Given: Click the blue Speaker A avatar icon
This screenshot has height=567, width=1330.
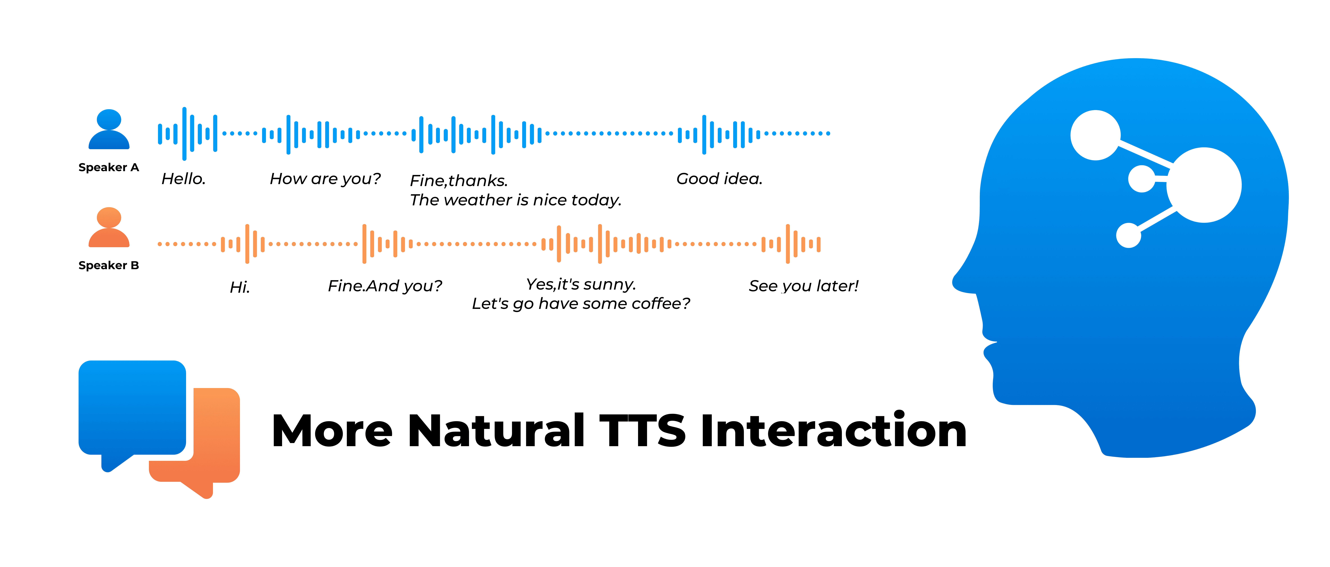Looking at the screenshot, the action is [109, 129].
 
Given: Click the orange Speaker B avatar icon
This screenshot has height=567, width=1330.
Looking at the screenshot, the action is [109, 227].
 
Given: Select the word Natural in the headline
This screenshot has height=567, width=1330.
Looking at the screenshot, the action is [497, 431].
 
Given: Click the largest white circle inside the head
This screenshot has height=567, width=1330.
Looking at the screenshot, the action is [1204, 185].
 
